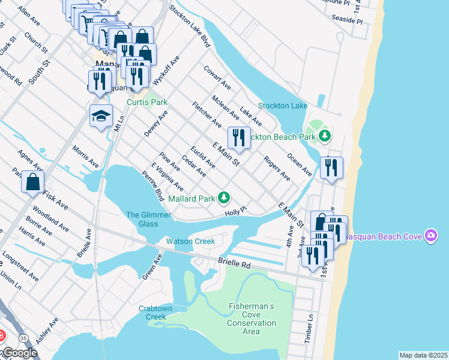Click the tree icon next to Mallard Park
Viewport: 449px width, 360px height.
[224, 197]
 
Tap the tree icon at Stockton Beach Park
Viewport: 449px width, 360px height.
[325, 136]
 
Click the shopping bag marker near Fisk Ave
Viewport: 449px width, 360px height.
[32, 181]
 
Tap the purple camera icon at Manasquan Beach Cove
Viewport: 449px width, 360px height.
[430, 236]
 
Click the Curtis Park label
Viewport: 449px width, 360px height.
[147, 102]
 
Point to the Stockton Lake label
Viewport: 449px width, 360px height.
[283, 106]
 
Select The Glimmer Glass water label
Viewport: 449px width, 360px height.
[142, 220]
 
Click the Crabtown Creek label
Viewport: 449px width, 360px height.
[155, 313]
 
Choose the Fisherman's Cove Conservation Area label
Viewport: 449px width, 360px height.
[252, 319]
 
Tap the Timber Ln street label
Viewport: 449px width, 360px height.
[310, 329]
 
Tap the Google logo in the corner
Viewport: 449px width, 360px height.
[19, 353]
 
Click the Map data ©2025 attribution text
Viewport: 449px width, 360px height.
[423, 355]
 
